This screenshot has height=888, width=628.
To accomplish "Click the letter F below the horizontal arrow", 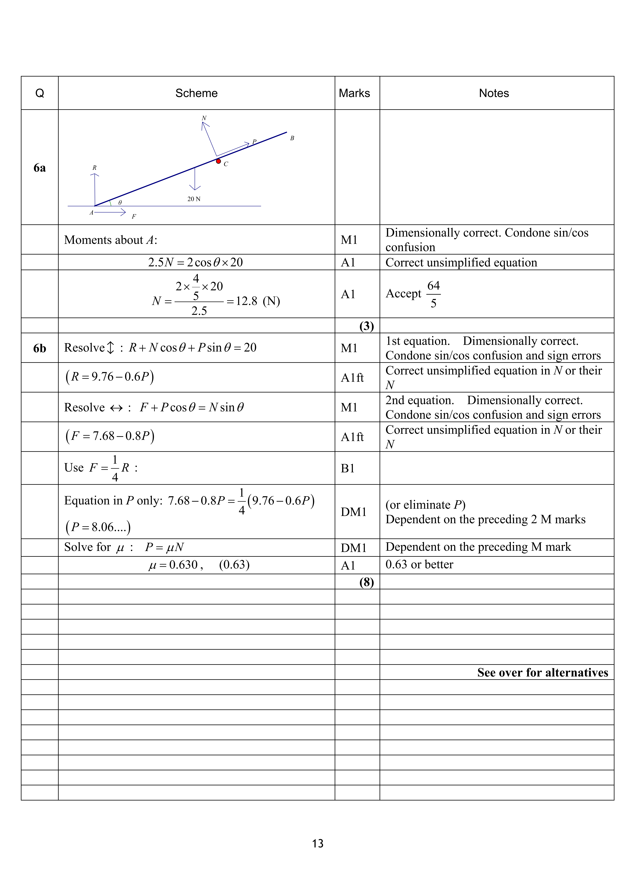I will pos(134,217).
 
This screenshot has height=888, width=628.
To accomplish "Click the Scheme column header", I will pos(196,93).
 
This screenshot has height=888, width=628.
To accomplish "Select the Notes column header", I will pos(494,93).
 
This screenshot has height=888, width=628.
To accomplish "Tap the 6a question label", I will pos(39,168).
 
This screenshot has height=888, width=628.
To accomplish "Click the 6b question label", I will pos(39,348).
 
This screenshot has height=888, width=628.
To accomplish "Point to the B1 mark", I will pos(348,468).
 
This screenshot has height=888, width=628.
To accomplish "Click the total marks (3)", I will pos(366,326).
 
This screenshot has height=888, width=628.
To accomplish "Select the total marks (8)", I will pos(366,582).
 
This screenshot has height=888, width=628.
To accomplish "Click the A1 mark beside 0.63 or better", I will pos(348,565).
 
